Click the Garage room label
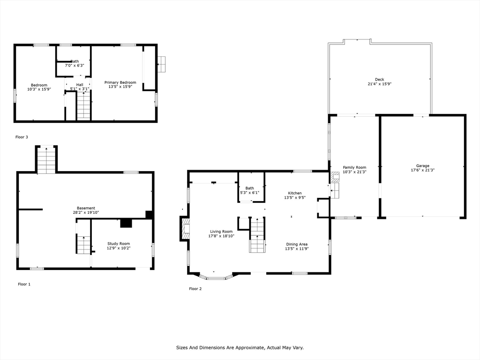coord(422,166)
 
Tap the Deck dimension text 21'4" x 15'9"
coord(379,84)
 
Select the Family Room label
coord(354,167)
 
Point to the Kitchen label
coord(295,193)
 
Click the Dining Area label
coord(297,244)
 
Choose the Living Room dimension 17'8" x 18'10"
coord(221,236)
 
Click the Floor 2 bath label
coord(249,188)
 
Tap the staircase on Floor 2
coord(257,235)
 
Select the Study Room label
coord(119,243)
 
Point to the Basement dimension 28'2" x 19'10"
coord(86,212)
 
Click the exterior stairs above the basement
coord(46,160)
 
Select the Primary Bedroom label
coord(120,82)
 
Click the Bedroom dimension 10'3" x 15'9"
coord(39,89)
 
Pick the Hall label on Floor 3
coord(80,85)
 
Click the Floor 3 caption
coord(22,137)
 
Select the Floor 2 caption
coord(195,289)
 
